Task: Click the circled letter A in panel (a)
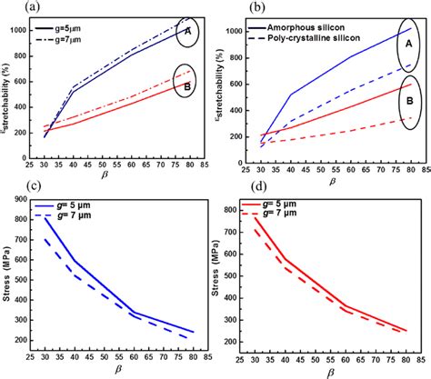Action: pyautogui.click(x=186, y=32)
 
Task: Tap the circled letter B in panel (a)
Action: pyautogui.click(x=186, y=87)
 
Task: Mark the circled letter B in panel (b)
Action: pyautogui.click(x=407, y=103)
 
